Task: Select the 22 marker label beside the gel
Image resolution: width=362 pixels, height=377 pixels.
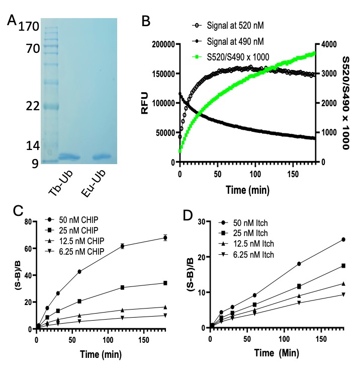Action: tap(28, 107)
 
